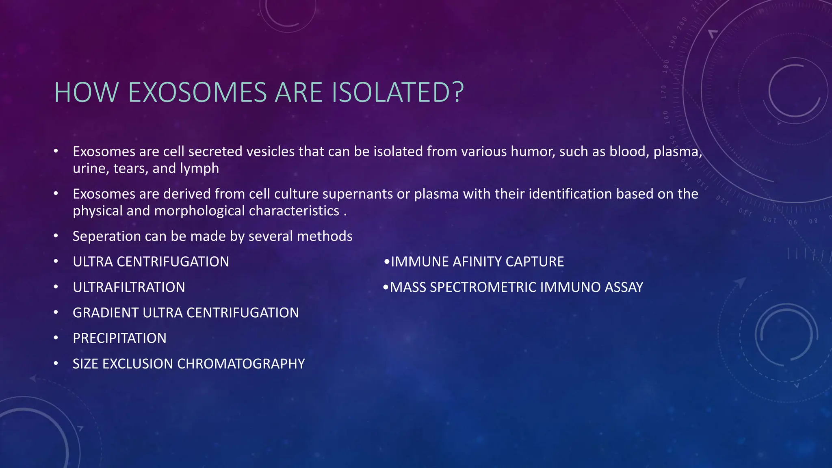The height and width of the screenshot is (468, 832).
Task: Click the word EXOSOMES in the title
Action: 197,92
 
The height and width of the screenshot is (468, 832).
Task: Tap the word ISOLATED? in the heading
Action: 398,92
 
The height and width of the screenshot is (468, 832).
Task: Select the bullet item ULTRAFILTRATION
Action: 129,287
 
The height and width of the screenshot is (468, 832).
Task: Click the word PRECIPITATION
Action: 119,338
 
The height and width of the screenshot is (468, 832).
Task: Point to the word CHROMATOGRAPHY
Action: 241,364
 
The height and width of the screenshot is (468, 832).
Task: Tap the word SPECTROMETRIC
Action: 483,287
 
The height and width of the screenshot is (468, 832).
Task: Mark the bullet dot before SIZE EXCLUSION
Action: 56,363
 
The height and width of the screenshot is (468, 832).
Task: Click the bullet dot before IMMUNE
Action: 387,262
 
